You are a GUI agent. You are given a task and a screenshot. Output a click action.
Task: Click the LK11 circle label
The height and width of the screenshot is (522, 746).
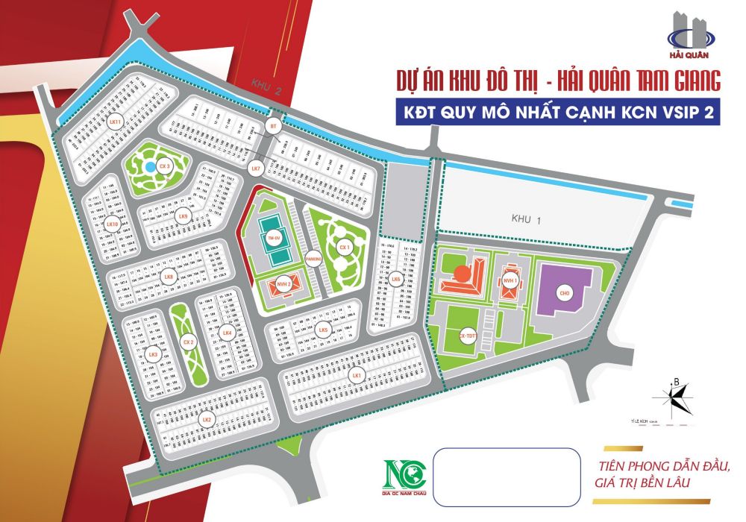coord(114,122)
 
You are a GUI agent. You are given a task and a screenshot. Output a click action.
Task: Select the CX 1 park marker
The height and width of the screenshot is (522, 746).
coord(344,247)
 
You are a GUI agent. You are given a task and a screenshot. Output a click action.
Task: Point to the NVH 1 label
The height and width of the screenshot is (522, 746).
coord(510,281)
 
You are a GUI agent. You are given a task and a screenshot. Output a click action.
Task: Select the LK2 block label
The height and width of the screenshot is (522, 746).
coord(207,421)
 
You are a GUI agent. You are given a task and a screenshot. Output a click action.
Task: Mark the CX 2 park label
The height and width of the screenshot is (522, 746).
coord(188,342)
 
